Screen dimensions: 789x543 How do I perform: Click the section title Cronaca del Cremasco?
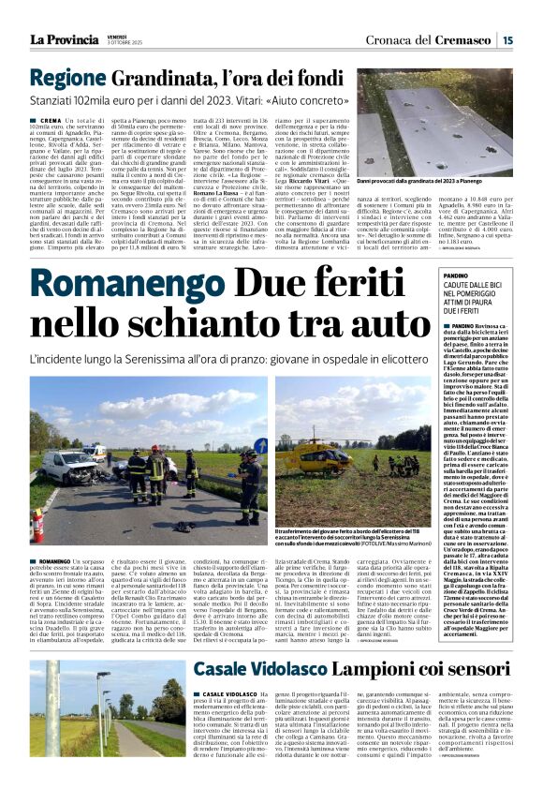[x=439, y=39]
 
